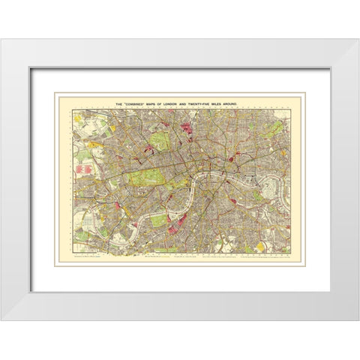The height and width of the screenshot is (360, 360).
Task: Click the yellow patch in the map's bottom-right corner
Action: [261, 245]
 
